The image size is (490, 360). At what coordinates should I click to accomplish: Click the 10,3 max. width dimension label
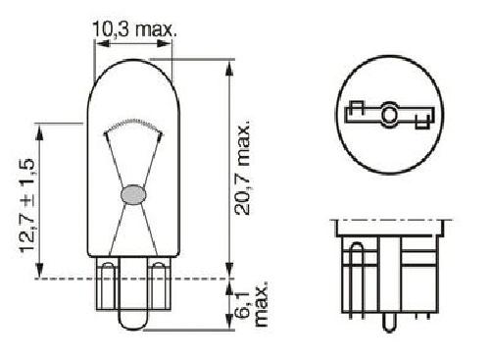pyautogui.click(x=134, y=29)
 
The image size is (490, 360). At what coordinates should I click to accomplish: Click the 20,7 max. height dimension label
pyautogui.click(x=242, y=168)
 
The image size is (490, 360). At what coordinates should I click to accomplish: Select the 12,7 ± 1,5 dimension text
pyautogui.click(x=27, y=206)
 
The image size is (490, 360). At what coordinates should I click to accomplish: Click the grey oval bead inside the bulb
pyautogui.click(x=134, y=195)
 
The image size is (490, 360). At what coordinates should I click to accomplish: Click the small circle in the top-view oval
pyautogui.click(x=389, y=115)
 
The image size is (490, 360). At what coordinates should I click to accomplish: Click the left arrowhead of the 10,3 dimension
pyautogui.click(x=101, y=43)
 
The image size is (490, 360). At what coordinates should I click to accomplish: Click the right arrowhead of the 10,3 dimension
pyautogui.click(x=165, y=43)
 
